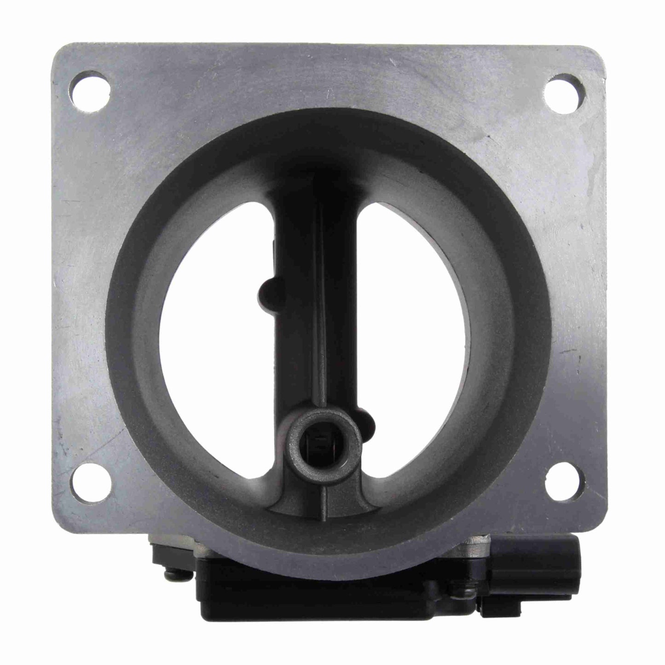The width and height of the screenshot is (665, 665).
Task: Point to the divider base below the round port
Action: pos(324,474)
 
